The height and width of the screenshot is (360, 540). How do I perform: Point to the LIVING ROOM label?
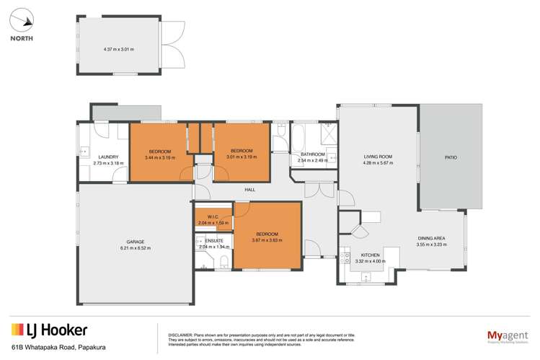[x=377, y=157]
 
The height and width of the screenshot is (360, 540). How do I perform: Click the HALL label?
[x=249, y=190]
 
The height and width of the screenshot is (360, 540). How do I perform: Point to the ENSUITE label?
[x=214, y=240]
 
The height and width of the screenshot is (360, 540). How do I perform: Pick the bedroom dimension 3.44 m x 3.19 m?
[x=159, y=157]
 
